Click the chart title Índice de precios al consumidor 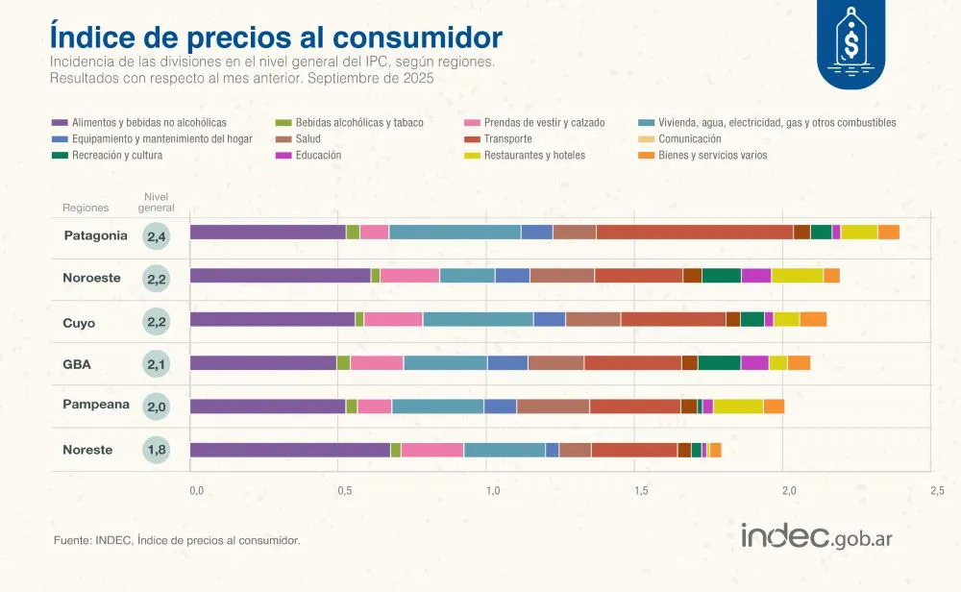(276, 37)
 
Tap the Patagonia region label (95, 235)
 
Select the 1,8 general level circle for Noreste (156, 451)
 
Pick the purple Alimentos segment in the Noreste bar (290, 450)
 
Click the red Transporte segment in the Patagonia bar (694, 232)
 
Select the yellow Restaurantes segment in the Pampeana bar (738, 407)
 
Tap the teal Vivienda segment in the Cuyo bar (478, 319)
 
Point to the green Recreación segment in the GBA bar (719, 362)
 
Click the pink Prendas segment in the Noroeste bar (409, 276)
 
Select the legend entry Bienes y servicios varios (712, 155)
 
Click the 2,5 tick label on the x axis (936, 491)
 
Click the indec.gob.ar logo (816, 536)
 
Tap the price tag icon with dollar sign (850, 40)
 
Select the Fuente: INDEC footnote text (177, 541)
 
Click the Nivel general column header (156, 202)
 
